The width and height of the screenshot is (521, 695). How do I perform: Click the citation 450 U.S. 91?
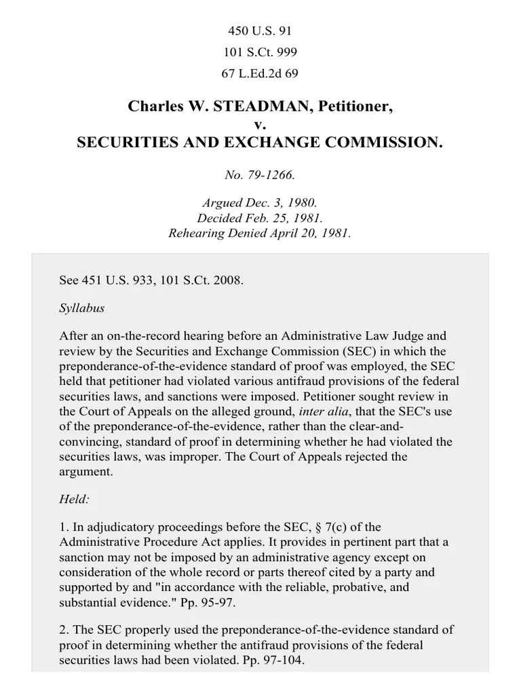[260, 31]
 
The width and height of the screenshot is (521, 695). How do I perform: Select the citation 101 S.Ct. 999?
[260, 52]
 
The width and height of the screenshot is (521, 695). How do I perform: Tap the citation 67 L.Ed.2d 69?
[260, 73]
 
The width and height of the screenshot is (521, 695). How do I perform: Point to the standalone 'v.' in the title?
[260, 124]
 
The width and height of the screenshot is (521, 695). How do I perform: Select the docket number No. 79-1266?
[260, 175]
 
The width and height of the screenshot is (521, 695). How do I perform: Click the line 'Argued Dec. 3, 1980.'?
[260, 203]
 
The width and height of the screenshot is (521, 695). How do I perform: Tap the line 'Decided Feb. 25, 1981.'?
[260, 218]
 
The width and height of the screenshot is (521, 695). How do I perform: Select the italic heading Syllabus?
[82, 307]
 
